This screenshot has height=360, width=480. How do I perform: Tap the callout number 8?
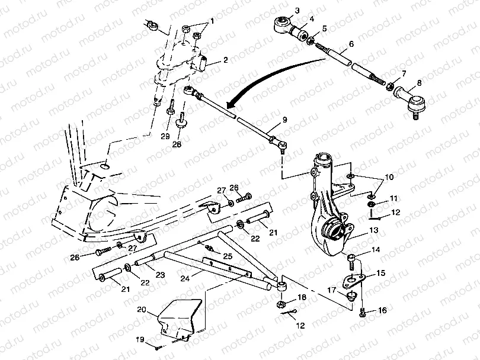tap(420, 83)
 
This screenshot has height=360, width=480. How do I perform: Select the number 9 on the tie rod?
tap(284, 120)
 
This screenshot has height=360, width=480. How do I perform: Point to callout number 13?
tap(373, 230)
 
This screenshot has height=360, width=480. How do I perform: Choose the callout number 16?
tap(382, 310)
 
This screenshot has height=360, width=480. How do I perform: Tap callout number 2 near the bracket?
tap(225, 60)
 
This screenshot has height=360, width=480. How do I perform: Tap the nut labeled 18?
tap(281, 304)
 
